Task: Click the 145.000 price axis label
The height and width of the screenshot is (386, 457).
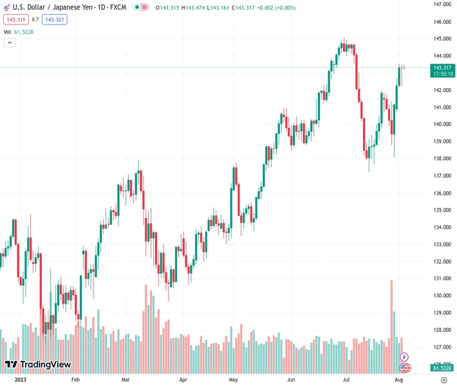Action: [x=441, y=39]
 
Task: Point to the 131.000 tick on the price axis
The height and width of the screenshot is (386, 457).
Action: [x=441, y=279]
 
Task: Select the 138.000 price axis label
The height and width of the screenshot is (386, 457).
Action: [x=441, y=158]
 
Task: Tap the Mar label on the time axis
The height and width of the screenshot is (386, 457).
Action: [x=126, y=380]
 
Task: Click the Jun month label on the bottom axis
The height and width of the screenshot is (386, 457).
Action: [x=291, y=380]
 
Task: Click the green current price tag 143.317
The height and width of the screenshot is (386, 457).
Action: [x=443, y=68]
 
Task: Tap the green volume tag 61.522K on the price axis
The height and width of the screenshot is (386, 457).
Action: [x=442, y=368]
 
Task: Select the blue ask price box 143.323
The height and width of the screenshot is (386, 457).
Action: [x=54, y=19]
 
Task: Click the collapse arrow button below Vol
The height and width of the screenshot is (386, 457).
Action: [x=10, y=42]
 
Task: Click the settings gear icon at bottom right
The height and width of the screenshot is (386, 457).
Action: [x=444, y=380]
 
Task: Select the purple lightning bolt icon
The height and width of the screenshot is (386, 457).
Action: [x=404, y=356]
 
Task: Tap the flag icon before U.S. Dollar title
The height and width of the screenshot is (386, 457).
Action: [x=6, y=7]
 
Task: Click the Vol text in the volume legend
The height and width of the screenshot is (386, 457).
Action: [x=7, y=32]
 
